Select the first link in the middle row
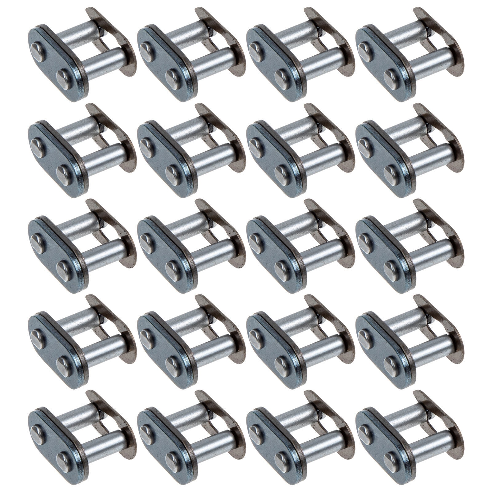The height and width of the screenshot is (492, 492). (81, 245)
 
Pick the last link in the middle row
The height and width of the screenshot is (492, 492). (409, 245)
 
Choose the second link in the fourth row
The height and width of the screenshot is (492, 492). (191, 341)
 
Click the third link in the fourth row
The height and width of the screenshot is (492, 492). (300, 341)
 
